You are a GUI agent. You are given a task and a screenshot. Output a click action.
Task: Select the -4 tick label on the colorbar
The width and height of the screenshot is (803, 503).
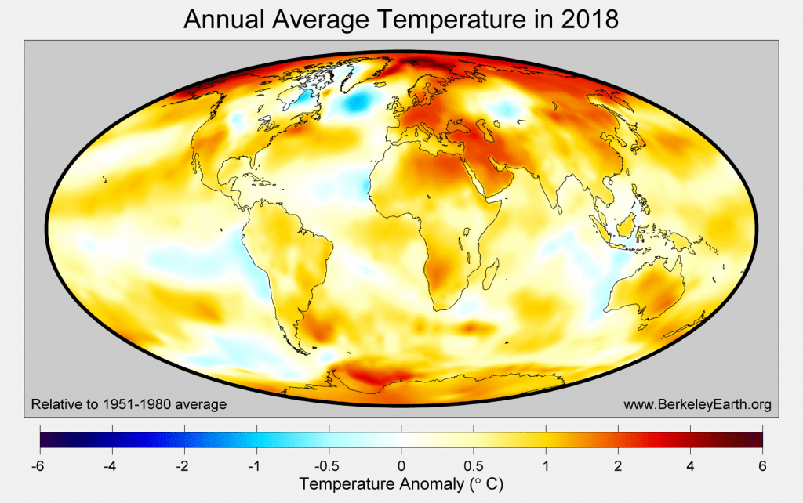[111, 466]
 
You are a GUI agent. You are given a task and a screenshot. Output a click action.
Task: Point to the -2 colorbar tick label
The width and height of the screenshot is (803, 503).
[183, 466]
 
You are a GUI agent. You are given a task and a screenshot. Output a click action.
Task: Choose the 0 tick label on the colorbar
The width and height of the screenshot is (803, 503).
[401, 466]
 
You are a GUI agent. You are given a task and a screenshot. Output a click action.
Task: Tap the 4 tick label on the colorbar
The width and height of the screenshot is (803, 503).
[690, 466]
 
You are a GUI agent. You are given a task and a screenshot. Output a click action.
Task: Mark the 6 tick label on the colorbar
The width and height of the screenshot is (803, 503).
[762, 466]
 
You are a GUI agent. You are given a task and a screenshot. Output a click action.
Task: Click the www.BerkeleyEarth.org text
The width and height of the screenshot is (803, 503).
[697, 404]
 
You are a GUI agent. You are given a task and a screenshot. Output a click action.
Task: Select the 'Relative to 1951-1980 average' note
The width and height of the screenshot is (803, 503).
[129, 404]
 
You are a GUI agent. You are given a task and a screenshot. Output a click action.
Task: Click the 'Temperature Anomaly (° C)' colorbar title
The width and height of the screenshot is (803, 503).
[401, 485]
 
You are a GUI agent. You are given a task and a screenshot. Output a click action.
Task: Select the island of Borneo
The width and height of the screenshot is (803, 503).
[630, 228]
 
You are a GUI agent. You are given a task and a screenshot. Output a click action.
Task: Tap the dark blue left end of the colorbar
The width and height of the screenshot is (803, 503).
[44, 440]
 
